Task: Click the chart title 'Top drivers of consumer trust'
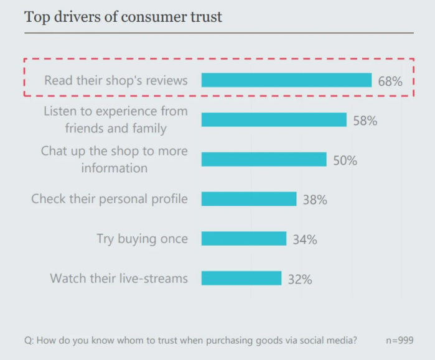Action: pyautogui.click(x=123, y=17)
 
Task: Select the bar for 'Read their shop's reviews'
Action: pyautogui.click(x=286, y=80)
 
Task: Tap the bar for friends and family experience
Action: pyautogui.click(x=274, y=120)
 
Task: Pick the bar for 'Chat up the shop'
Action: pyautogui.click(x=264, y=160)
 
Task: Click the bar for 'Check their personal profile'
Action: pyautogui.click(x=249, y=199)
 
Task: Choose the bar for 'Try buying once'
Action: pyautogui.click(x=244, y=239)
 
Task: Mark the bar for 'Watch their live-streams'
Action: pyautogui.click(x=241, y=278)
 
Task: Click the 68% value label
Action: pyautogui.click(x=390, y=81)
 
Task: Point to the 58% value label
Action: pyautogui.click(x=365, y=121)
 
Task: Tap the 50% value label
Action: pyautogui.click(x=345, y=160)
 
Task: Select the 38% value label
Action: pyautogui.click(x=315, y=200)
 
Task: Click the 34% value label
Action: pyautogui.click(x=305, y=239)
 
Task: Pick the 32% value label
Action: pyautogui.click(x=300, y=279)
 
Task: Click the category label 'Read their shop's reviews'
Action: pyautogui.click(x=116, y=80)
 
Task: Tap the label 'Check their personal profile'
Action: pyautogui.click(x=110, y=199)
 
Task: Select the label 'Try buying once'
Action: pyautogui.click(x=142, y=239)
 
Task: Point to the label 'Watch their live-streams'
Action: pyautogui.click(x=119, y=278)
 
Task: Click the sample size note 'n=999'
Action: pyautogui.click(x=399, y=340)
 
